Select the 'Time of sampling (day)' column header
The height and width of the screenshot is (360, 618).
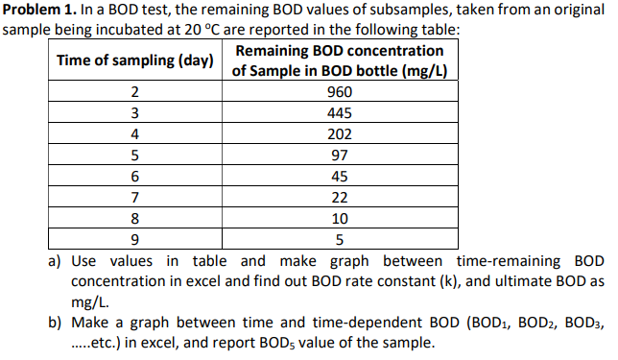pyautogui.click(x=135, y=60)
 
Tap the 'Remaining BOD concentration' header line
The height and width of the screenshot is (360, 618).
pyautogui.click(x=340, y=50)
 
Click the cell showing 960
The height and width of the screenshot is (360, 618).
pyautogui.click(x=340, y=92)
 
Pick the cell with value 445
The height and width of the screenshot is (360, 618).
pyautogui.click(x=340, y=113)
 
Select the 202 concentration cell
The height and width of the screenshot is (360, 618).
pyautogui.click(x=340, y=134)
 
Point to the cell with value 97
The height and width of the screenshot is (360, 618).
pyautogui.click(x=340, y=156)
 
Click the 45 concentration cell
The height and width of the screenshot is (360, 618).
pyautogui.click(x=340, y=177)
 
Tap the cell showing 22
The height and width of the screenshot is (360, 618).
pyautogui.click(x=340, y=198)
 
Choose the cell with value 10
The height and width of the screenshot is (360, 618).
pyautogui.click(x=340, y=219)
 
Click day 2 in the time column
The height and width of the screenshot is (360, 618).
pyautogui.click(x=135, y=92)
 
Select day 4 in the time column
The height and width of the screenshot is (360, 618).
pyautogui.click(x=135, y=134)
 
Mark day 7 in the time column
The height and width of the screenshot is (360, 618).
pyautogui.click(x=135, y=198)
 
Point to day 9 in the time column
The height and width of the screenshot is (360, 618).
pyautogui.click(x=135, y=240)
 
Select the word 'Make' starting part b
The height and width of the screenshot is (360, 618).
pyautogui.click(x=91, y=323)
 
